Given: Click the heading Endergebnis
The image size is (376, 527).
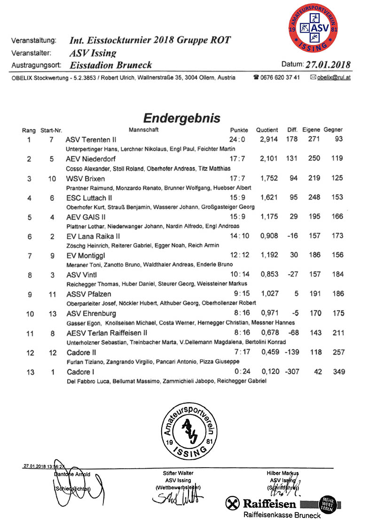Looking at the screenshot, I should click(181, 117).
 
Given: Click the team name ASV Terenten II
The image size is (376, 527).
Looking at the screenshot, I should click(91, 140).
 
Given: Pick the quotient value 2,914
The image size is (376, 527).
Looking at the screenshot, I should click(269, 140).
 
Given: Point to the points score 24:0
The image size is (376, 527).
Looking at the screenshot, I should click(238, 140).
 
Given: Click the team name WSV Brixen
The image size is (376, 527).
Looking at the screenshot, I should click(85, 179).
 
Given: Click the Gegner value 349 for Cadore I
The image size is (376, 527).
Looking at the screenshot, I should click(337, 372).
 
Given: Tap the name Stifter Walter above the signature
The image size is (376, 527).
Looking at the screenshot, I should click(178, 473).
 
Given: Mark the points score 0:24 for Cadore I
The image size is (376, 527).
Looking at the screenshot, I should click(238, 372).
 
